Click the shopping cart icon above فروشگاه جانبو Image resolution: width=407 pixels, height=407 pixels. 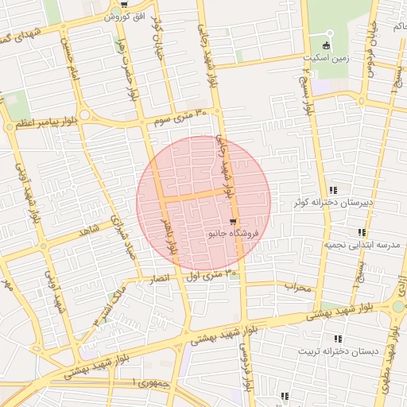(232, 223)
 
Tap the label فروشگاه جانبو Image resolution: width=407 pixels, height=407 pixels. (232, 235)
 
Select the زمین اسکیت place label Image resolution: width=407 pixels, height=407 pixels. (324, 58)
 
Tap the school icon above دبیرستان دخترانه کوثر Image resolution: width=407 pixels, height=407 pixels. (334, 190)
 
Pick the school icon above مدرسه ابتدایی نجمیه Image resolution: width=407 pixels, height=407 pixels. (362, 232)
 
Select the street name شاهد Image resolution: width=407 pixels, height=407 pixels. (87, 231)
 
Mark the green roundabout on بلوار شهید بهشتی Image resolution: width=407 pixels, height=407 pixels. (398, 307)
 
